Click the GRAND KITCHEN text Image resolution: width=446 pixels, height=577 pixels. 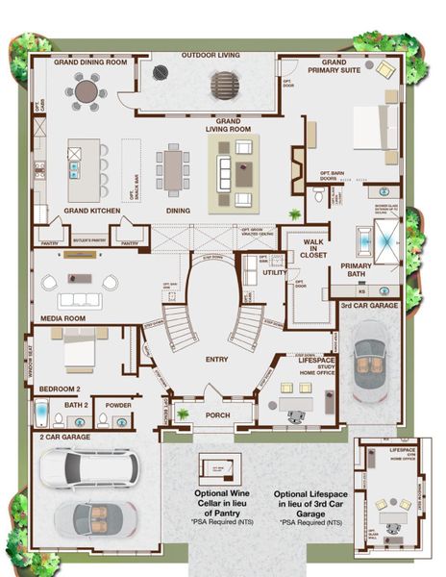click(91, 210)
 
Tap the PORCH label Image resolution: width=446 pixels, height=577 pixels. click(218, 414)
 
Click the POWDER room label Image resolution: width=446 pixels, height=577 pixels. click(119, 405)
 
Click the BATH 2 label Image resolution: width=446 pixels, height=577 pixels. click(76, 405)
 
